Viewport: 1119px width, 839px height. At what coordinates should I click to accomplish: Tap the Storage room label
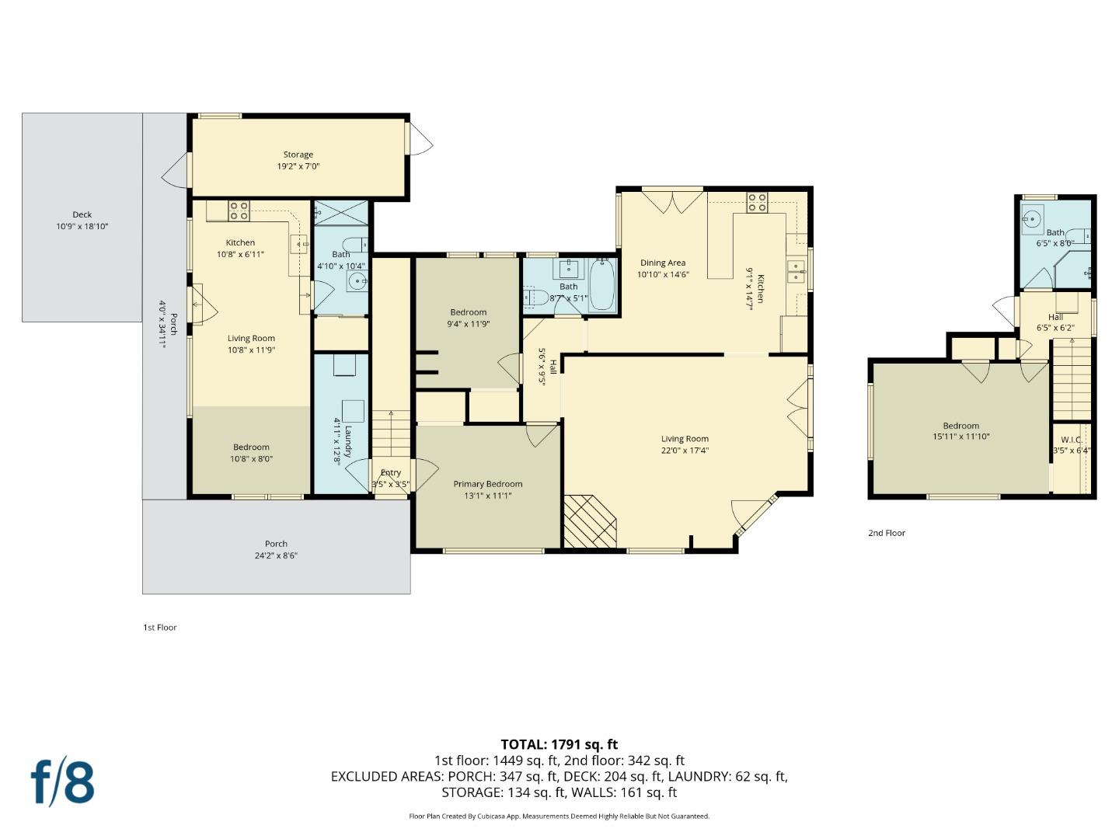tap(298, 155)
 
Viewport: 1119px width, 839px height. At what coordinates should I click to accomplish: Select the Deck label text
tap(82, 214)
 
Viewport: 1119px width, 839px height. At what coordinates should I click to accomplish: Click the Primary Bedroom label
tap(488, 484)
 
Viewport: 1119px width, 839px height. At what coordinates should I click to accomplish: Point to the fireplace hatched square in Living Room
tap(589, 521)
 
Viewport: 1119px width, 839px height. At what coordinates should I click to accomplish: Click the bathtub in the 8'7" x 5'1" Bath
tap(602, 286)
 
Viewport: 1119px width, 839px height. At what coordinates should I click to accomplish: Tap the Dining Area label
tap(663, 263)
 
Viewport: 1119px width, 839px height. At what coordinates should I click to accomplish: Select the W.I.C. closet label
tap(1072, 440)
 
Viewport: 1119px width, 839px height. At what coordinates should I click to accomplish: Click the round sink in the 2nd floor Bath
tap(1032, 221)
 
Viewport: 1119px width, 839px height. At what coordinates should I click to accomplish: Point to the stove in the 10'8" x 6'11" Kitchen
tap(239, 210)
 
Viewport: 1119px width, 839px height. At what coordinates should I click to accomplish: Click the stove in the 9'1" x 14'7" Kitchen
tap(757, 202)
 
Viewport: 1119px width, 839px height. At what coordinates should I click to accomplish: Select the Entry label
tap(391, 472)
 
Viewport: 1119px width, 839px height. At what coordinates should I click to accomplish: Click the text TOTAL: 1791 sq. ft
tap(559, 744)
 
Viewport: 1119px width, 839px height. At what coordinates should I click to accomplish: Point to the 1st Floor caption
tap(160, 627)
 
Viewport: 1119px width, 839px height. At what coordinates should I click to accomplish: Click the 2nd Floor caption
tap(887, 533)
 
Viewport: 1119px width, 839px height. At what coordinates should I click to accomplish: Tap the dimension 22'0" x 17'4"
tap(685, 451)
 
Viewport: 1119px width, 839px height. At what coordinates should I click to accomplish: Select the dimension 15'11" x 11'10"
tap(961, 437)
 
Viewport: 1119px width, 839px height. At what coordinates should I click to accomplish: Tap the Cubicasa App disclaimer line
tap(559, 816)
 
